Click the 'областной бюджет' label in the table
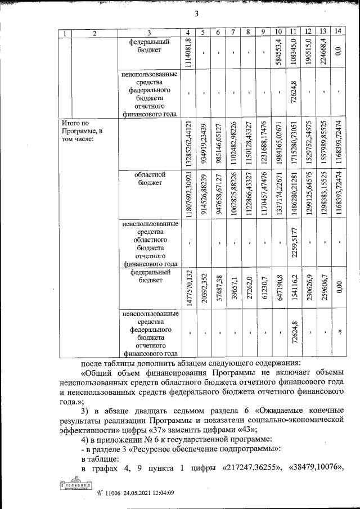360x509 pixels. click(x=149, y=179)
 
